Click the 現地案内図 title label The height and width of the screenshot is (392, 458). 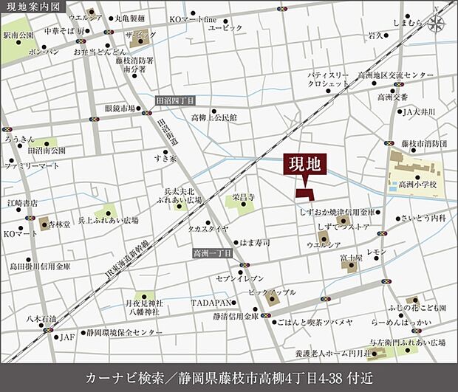point(30,7)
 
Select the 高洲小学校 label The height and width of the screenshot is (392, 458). point(417,185)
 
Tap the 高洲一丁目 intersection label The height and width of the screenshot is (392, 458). point(211,253)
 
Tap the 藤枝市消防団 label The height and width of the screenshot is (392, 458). point(425,143)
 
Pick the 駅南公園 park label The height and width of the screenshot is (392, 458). point(18,35)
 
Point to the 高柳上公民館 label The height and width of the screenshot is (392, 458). point(214,117)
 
